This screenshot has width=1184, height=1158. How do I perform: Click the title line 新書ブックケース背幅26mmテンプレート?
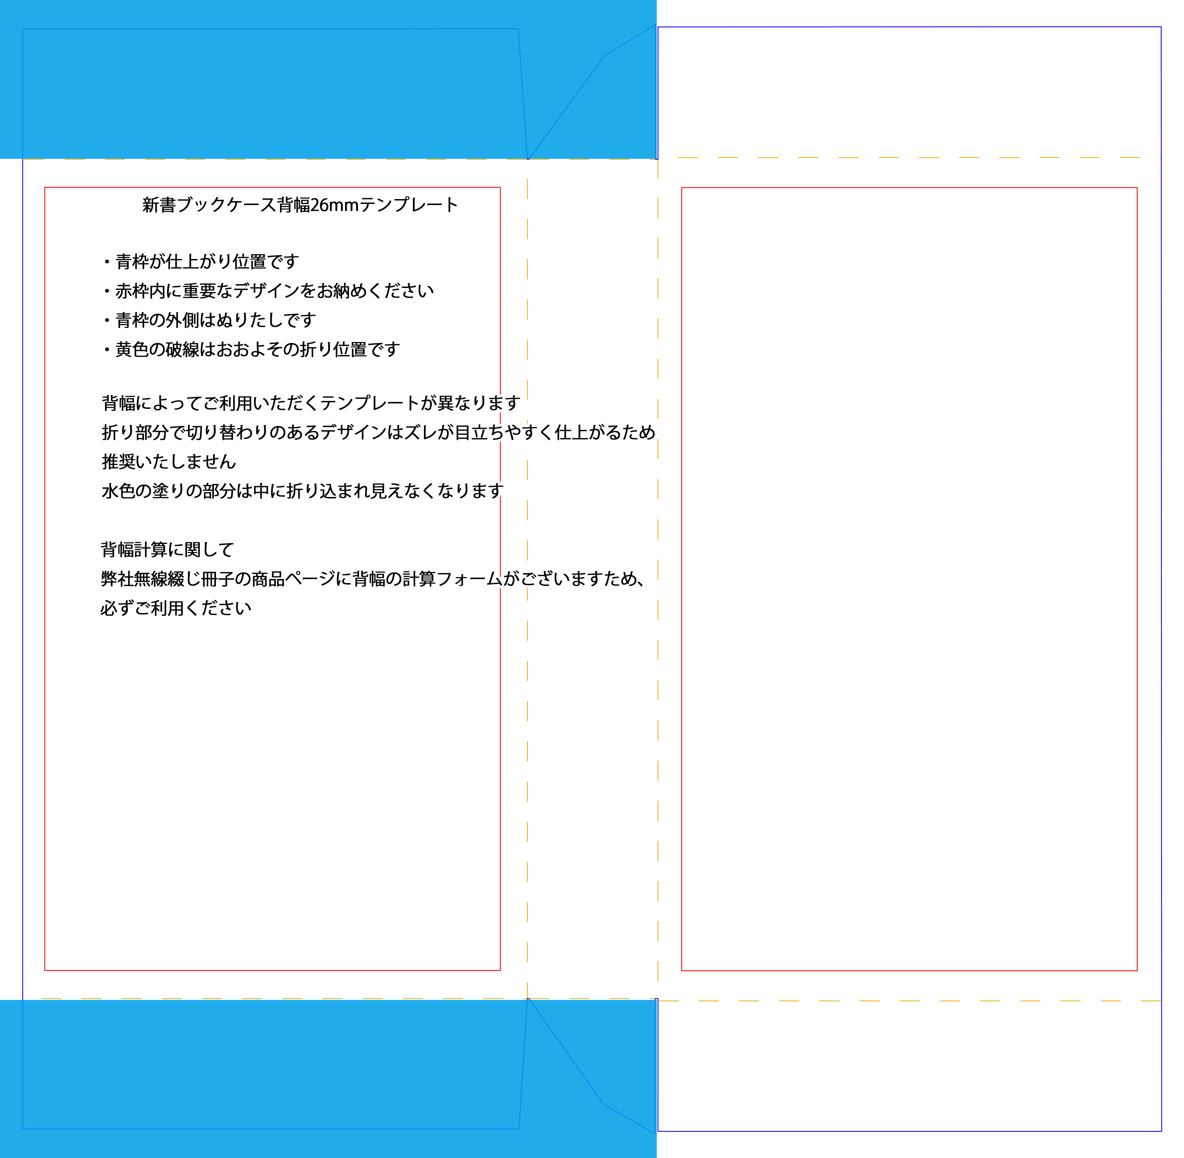(300, 205)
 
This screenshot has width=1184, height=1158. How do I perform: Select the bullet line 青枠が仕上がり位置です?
(201, 261)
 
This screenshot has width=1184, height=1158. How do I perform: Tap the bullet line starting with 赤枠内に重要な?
(268, 291)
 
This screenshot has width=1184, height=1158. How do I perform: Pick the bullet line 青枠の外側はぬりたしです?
(209, 320)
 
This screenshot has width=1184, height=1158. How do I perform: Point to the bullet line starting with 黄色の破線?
(251, 349)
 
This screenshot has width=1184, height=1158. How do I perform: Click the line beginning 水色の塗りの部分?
(302, 491)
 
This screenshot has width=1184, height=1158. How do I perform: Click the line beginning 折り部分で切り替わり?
(378, 432)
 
